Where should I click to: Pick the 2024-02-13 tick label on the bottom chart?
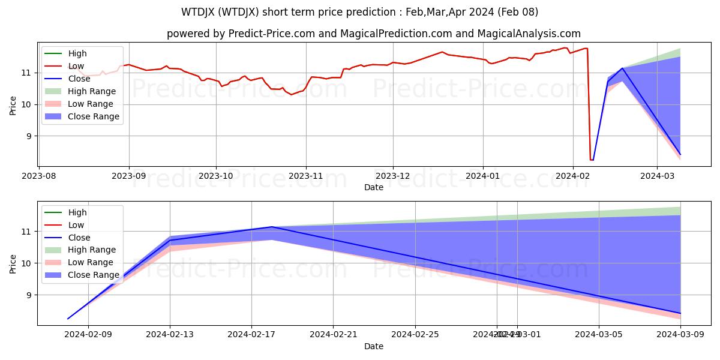(x=170, y=334)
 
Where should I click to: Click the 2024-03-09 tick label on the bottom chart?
(x=680, y=334)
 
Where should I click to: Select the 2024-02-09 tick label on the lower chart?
(x=88, y=334)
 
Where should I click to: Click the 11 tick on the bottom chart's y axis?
(x=27, y=232)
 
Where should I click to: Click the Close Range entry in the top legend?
(x=95, y=116)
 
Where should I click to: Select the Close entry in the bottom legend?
(x=80, y=238)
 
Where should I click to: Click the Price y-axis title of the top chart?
(x=13, y=104)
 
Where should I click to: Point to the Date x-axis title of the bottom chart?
(x=373, y=346)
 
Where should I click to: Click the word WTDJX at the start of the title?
(x=200, y=12)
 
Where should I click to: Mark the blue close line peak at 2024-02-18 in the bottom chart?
(x=272, y=227)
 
